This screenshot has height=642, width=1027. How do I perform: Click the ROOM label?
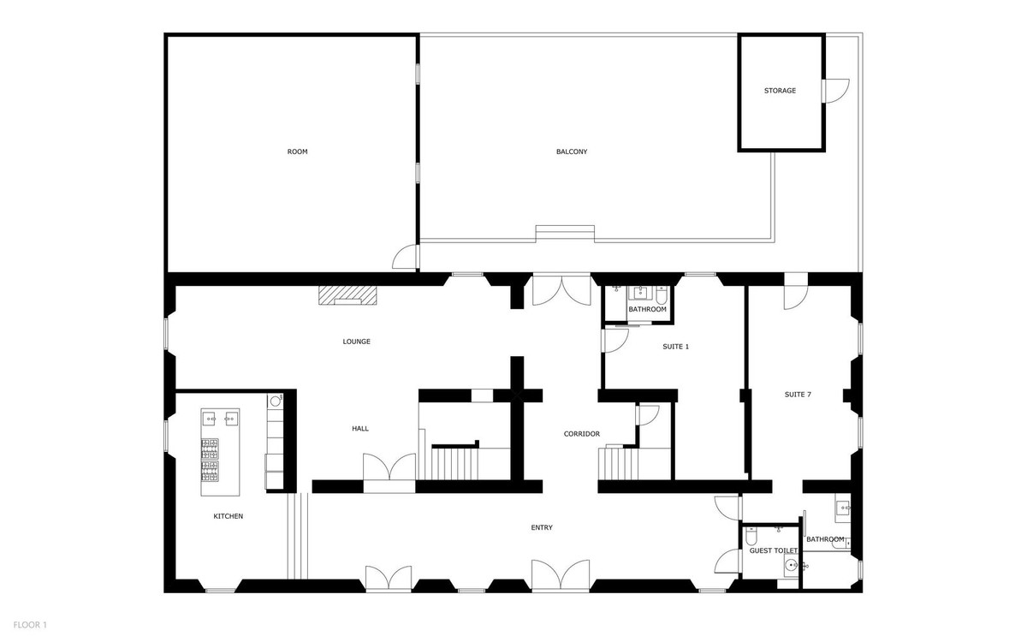click(x=297, y=152)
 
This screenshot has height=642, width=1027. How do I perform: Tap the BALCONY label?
click(x=572, y=152)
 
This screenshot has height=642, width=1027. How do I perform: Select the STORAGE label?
click(x=781, y=91)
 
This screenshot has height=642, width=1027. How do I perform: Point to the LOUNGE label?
click(x=356, y=342)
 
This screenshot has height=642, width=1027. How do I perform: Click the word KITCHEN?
click(x=229, y=516)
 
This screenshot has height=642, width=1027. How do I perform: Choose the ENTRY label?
click(x=542, y=527)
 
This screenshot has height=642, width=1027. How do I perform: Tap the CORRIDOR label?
click(x=582, y=434)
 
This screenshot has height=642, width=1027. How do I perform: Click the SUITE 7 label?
click(x=798, y=395)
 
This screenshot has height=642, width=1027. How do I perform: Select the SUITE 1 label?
click(x=675, y=347)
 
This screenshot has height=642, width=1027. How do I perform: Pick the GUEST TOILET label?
click(x=774, y=551)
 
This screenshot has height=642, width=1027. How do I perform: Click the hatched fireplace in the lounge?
click(x=347, y=295)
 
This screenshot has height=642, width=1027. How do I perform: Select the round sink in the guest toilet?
click(x=793, y=566)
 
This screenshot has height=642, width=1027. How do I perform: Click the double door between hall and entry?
click(x=390, y=471)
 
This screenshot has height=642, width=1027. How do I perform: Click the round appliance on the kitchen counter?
click(x=276, y=400)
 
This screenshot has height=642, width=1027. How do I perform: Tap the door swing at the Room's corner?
click(x=405, y=256)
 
